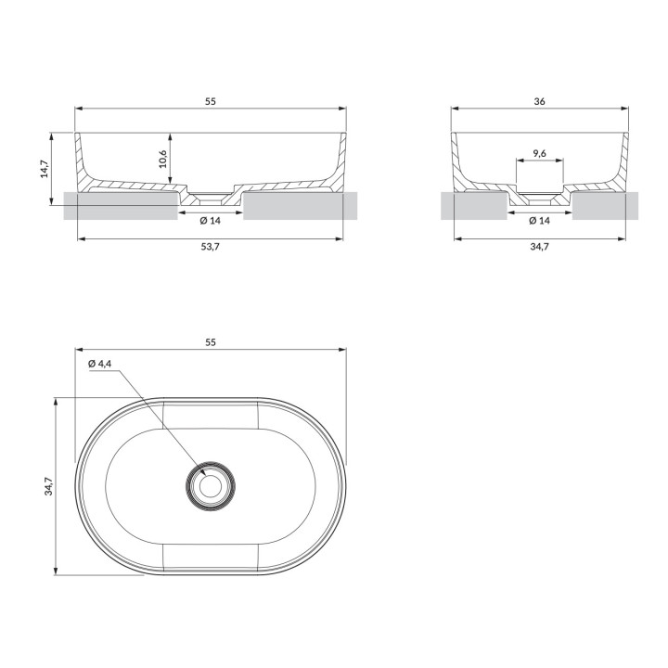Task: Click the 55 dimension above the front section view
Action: click(x=211, y=101)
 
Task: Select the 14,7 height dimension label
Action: click(x=45, y=169)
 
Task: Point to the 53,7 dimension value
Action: click(x=211, y=247)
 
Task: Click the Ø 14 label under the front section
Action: click(x=211, y=220)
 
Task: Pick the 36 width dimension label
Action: click(x=539, y=101)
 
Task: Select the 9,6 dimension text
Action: click(x=539, y=153)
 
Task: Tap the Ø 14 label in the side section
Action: click(x=539, y=220)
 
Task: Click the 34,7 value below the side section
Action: click(x=539, y=247)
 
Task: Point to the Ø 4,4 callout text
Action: click(x=99, y=364)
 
